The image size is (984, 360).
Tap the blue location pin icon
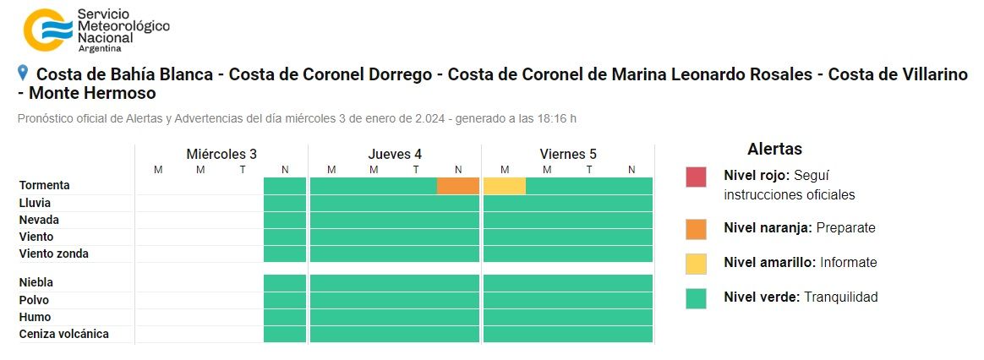(x=23, y=74)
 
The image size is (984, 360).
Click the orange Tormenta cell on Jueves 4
(x=458, y=185)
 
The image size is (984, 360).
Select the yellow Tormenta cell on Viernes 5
(x=505, y=185)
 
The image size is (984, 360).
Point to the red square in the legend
(x=697, y=177)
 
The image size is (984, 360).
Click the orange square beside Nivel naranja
(x=697, y=228)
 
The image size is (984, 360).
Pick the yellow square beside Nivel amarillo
(x=697, y=263)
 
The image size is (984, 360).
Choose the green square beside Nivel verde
(x=697, y=297)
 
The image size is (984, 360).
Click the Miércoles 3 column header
(x=221, y=154)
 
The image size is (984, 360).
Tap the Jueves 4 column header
(x=395, y=154)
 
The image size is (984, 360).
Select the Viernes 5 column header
(x=568, y=154)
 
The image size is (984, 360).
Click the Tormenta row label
(x=45, y=185)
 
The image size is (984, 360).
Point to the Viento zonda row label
(x=54, y=254)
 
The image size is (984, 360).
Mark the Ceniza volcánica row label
(x=64, y=335)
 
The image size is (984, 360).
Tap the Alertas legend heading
(x=774, y=150)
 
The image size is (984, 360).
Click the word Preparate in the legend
(x=846, y=228)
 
